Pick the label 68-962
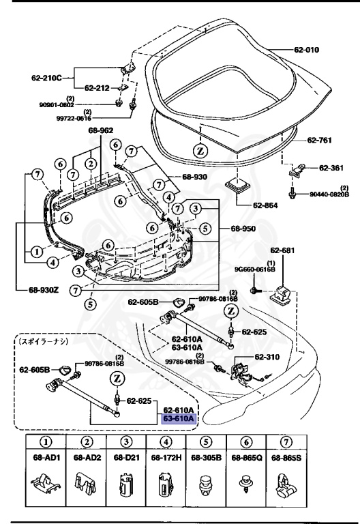pyautogui.click(x=101, y=130)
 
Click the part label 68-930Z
pyautogui.click(x=35, y=289)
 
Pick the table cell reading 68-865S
pyautogui.click(x=283, y=457)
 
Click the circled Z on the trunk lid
pyautogui.click(x=201, y=149)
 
